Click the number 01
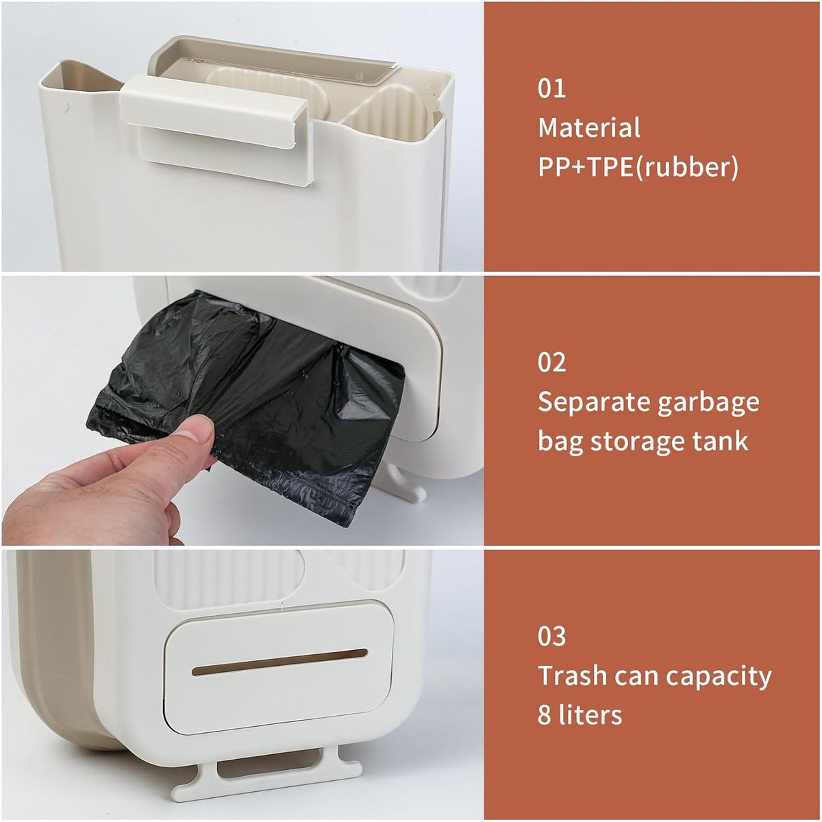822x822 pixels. click(x=551, y=88)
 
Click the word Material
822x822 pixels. click(x=589, y=127)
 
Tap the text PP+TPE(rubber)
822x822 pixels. click(x=638, y=166)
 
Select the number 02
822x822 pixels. click(x=551, y=362)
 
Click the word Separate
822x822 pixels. click(x=594, y=403)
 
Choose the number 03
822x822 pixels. click(x=551, y=636)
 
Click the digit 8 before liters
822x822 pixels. click(x=545, y=715)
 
